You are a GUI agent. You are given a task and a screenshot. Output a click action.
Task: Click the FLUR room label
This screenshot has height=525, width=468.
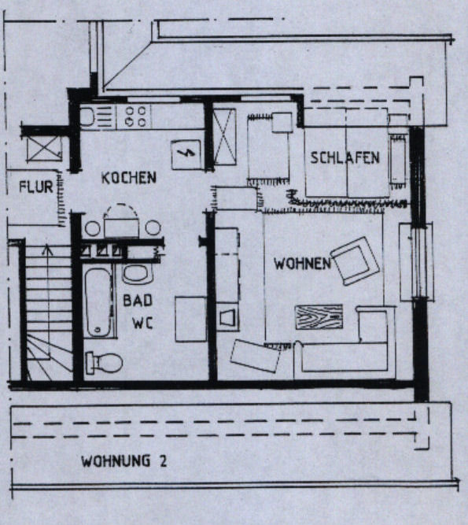coord(36,187)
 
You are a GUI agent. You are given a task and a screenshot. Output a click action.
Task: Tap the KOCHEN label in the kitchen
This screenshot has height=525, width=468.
coord(129,178)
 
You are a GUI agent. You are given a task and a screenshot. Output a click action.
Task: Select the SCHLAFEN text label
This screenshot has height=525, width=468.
coord(345,157)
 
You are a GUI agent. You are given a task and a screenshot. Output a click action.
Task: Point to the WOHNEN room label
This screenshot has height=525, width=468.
coord(302,264)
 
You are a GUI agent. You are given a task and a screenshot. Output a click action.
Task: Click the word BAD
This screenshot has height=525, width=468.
coord(138,301)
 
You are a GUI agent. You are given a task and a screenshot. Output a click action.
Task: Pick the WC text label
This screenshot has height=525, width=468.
coord(142,323)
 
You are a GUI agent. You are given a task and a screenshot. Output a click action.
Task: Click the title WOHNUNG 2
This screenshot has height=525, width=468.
coord(123,461)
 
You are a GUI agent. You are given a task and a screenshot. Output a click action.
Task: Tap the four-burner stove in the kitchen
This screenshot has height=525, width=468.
coord(135,116)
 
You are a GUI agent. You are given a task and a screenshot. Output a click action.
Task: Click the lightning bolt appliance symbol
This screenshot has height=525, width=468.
coord(186,153)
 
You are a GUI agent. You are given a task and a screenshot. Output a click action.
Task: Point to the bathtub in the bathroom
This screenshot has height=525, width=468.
coord(98,302)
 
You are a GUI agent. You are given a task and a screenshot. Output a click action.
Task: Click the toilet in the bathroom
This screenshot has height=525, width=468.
coord(105,363)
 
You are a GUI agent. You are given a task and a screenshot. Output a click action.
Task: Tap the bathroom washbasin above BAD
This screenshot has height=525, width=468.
coord(138,274)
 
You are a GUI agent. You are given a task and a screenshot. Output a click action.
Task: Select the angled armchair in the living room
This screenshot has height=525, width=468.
coord(356,261)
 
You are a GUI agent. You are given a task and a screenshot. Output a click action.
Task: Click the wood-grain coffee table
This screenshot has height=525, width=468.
coord(319,316)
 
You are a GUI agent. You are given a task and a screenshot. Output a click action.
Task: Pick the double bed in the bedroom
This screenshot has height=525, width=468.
coord(347,153)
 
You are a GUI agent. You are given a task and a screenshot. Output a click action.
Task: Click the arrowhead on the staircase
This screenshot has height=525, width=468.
coord(47,250)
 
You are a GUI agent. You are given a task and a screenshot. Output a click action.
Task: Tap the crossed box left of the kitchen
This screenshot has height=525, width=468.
coord(44,148)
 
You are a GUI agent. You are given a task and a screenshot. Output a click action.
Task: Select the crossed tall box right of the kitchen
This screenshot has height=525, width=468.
coord(224,137)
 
